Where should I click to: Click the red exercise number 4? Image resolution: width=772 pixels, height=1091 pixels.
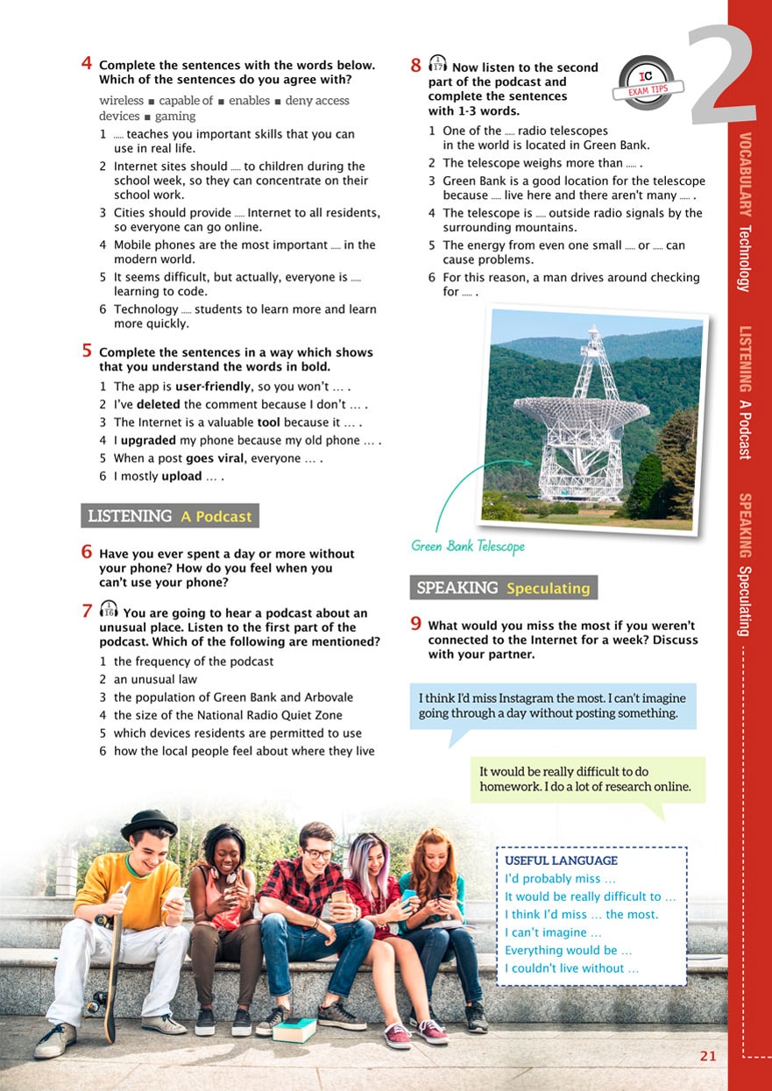click(x=87, y=63)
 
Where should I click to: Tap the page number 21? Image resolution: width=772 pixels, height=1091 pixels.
click(x=708, y=1056)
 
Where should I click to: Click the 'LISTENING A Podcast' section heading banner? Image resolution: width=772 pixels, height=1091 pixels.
click(x=170, y=516)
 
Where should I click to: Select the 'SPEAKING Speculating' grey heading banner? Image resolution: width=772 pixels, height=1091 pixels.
click(x=503, y=588)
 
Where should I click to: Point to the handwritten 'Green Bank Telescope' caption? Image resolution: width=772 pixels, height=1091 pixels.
click(x=468, y=547)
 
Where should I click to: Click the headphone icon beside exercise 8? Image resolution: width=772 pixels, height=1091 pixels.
click(x=437, y=65)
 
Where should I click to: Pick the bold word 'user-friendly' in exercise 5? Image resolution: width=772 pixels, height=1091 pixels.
click(x=209, y=386)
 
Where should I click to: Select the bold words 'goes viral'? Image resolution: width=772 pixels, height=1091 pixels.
click(x=188, y=458)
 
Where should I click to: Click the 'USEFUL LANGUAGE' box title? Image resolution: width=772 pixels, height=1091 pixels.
click(x=561, y=861)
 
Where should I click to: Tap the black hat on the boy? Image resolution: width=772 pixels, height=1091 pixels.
click(x=149, y=823)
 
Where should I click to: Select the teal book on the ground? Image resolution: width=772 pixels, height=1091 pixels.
click(x=294, y=1029)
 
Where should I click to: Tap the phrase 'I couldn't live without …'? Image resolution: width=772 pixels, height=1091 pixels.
click(x=571, y=968)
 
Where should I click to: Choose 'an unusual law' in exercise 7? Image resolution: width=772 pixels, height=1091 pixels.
click(x=155, y=679)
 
